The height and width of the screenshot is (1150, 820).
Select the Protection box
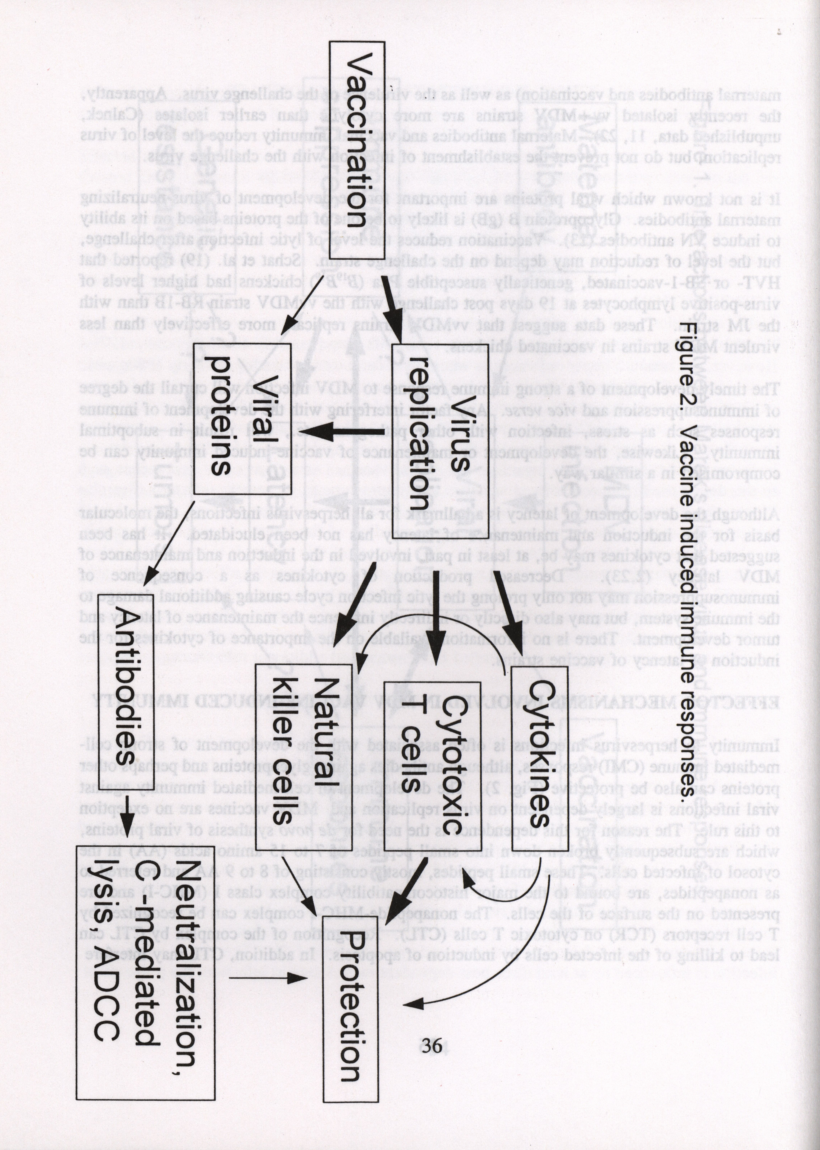pos(350,1021)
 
